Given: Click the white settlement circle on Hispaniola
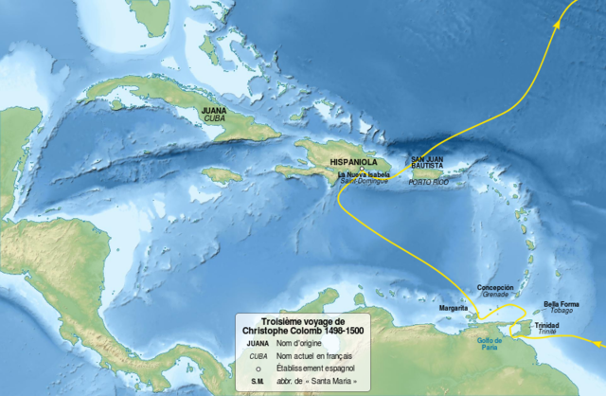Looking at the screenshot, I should click(362, 170).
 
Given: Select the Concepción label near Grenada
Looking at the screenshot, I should click(496, 286).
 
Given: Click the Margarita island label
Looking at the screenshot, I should click(454, 308).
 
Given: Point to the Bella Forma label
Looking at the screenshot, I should click(561, 303).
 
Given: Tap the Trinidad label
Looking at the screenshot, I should click(547, 325).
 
